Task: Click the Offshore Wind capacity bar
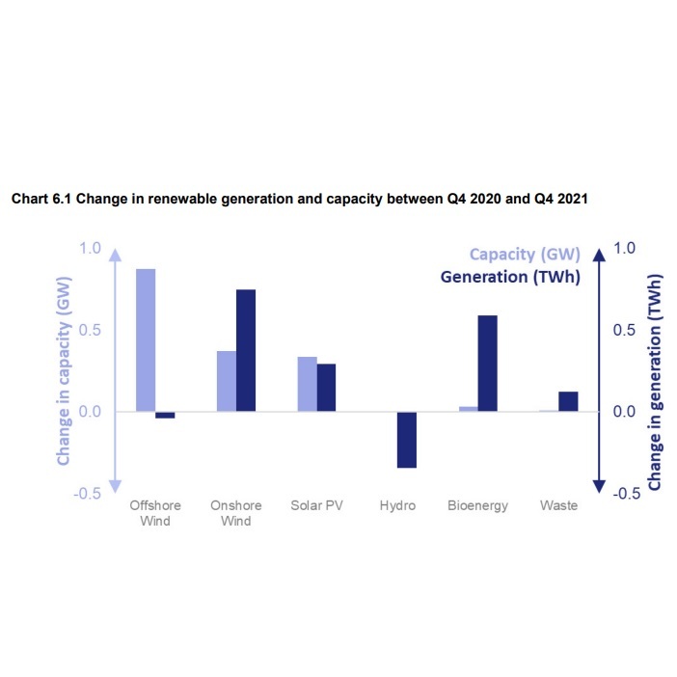tap(146, 339)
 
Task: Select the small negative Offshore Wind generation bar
tap(165, 415)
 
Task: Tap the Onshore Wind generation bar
tap(246, 350)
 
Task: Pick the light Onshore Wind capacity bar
tap(226, 381)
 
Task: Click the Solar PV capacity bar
tap(307, 384)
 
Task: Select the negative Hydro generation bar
tap(407, 440)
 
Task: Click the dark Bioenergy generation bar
tap(488, 363)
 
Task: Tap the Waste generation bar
tap(568, 401)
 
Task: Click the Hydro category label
tap(397, 505)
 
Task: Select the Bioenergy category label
tap(477, 505)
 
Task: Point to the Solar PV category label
tap(316, 505)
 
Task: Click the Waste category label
tap(558, 505)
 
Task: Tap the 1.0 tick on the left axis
tap(90, 248)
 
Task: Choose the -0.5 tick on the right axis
tap(625, 494)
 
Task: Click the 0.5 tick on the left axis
tap(90, 330)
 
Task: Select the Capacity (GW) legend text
tap(525, 255)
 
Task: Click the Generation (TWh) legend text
tap(510, 277)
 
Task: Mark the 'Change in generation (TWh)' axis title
tap(655, 382)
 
